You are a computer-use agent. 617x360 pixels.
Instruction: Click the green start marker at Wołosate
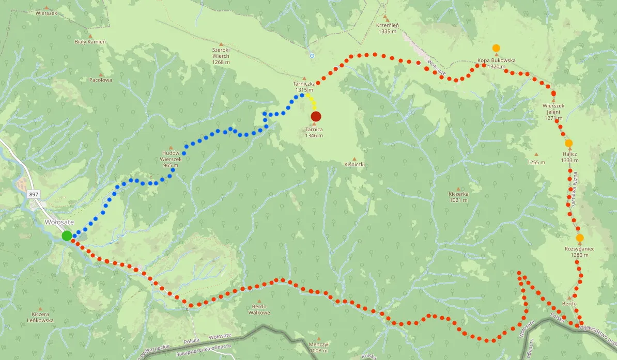click(67, 236)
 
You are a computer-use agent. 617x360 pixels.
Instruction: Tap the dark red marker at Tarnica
click(316, 116)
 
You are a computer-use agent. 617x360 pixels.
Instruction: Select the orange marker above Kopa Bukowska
click(496, 48)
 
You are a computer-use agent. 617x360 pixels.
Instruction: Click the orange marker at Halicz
click(568, 143)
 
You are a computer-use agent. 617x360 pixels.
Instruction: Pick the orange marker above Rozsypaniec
click(580, 238)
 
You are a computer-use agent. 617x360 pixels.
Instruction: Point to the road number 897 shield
click(34, 194)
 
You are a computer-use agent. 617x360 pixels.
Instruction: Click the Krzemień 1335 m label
click(387, 28)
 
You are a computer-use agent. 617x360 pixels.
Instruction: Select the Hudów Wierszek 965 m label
click(171, 159)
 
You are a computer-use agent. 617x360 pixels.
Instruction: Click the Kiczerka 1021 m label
click(458, 197)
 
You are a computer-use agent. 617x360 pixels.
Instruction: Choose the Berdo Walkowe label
click(259, 309)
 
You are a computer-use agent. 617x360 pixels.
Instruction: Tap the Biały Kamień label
click(90, 41)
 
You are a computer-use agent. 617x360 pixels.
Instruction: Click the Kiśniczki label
click(354, 164)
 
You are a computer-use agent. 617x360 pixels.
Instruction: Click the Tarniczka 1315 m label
click(304, 86)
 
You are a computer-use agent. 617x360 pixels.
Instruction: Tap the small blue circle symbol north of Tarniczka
click(312, 55)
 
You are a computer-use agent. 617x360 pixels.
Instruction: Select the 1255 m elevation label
click(536, 162)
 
